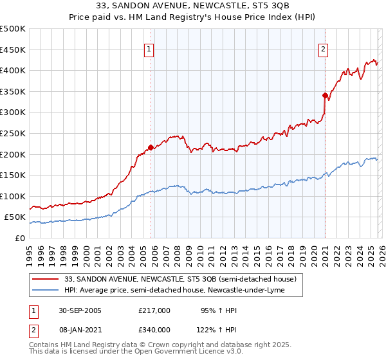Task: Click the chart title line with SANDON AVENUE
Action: click(193, 6)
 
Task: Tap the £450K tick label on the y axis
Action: click(13, 50)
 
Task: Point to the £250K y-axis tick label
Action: click(13, 133)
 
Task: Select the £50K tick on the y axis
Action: click(15, 217)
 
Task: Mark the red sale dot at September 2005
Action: click(151, 147)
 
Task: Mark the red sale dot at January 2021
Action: click(325, 95)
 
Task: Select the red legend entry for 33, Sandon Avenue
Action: click(180, 280)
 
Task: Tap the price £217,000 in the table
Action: click(154, 310)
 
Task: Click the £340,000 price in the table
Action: click(154, 329)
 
